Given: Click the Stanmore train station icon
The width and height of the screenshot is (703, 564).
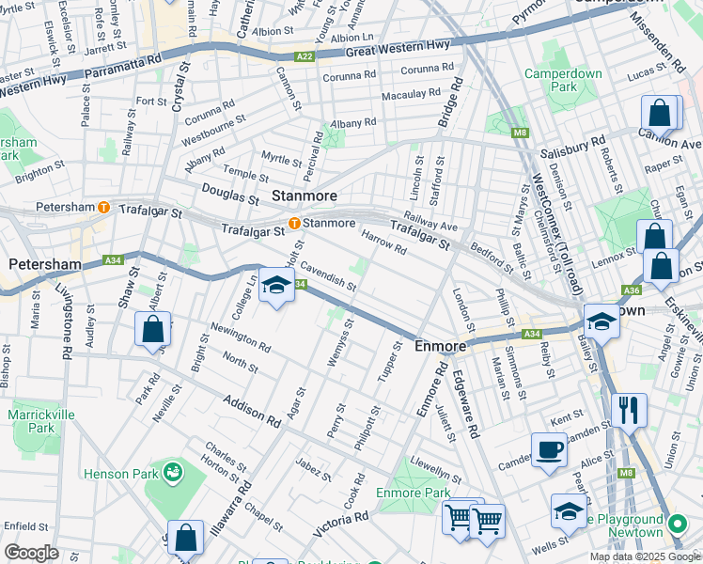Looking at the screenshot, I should (294, 224).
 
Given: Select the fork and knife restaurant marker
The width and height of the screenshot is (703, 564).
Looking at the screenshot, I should (628, 410).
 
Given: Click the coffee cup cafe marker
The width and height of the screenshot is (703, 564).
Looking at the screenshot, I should (549, 449).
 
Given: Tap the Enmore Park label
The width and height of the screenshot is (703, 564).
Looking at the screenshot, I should (413, 492).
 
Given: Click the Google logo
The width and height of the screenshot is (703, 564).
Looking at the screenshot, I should (31, 552).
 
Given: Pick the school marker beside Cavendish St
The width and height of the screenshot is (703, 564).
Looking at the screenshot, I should (276, 288).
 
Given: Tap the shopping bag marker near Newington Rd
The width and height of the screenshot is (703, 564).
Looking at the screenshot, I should (152, 330).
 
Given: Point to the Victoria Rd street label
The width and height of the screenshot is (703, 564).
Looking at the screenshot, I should (341, 523).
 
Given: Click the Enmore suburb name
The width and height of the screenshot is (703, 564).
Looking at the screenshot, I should (441, 347).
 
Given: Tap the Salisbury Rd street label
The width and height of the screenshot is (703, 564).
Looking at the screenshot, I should (571, 149).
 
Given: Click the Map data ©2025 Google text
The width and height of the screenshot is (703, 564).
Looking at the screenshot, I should (644, 556).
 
